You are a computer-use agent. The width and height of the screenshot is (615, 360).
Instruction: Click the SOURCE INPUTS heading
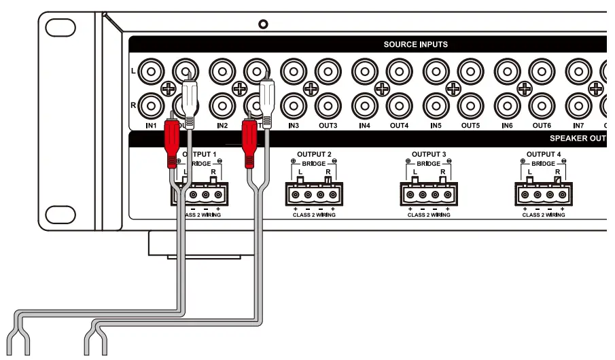click(x=415, y=45)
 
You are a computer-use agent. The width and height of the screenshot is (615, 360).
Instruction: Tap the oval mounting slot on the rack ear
click(x=61, y=27)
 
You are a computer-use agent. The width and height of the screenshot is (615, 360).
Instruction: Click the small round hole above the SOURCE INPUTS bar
click(x=264, y=24)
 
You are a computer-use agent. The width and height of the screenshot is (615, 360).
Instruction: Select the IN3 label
click(x=293, y=125)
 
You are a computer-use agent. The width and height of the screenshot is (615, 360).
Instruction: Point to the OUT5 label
click(x=470, y=125)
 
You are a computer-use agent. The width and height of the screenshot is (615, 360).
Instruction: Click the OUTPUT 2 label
click(x=314, y=155)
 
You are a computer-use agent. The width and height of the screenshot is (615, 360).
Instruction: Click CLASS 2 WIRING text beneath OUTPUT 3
click(x=429, y=215)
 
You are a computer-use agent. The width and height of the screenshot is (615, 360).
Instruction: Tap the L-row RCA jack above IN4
click(x=365, y=70)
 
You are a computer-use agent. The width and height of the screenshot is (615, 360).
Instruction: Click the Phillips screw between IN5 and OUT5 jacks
click(x=453, y=88)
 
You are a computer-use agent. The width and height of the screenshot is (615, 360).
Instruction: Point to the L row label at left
click(x=134, y=71)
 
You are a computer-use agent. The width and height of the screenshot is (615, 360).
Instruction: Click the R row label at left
click(x=134, y=105)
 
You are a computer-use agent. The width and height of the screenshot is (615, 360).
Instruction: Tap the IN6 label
click(x=506, y=125)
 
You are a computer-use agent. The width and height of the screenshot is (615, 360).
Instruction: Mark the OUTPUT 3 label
click(x=429, y=155)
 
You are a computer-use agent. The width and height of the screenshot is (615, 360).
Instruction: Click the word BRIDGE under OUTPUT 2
click(x=314, y=164)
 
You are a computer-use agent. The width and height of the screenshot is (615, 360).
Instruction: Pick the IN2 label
click(x=222, y=125)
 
